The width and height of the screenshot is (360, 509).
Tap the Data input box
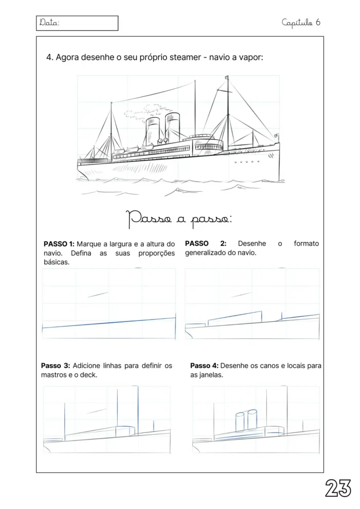(x=78, y=23)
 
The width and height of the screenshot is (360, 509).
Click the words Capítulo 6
(x=301, y=22)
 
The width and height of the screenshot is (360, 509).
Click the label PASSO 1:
(x=59, y=244)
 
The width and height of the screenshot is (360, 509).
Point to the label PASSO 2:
(x=205, y=244)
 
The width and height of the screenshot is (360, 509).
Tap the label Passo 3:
(x=55, y=366)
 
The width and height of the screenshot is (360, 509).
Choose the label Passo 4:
(x=204, y=366)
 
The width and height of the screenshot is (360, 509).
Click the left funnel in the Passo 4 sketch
(x=240, y=422)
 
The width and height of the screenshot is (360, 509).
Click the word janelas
(x=212, y=375)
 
